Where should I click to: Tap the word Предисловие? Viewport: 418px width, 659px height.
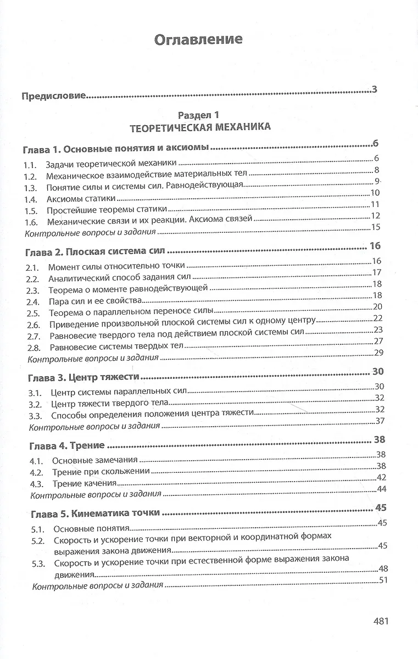pos(54,97)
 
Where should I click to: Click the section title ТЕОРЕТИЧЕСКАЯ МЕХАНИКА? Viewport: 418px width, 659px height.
pos(199,127)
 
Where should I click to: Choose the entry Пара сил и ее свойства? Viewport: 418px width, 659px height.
pos(96,301)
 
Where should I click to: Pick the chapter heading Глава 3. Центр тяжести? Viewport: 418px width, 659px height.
pos(83,378)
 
